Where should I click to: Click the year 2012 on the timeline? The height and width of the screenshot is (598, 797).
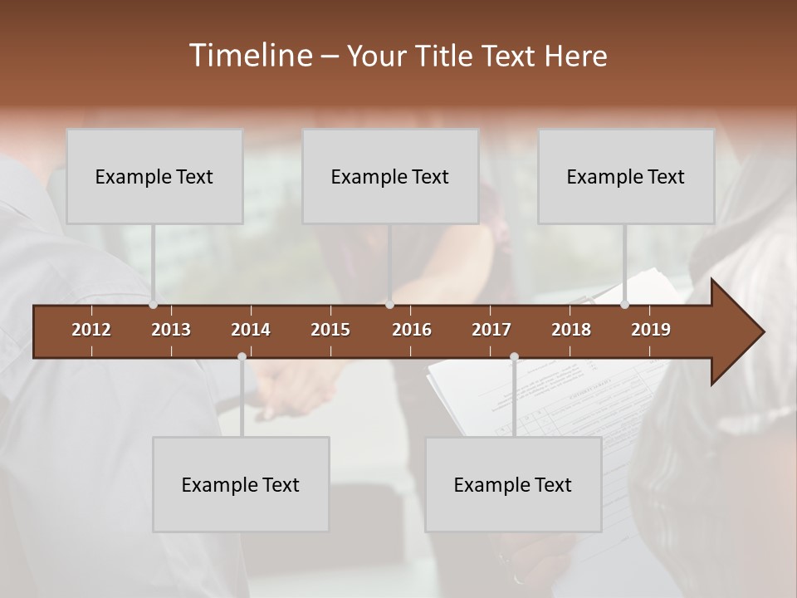pos(91,330)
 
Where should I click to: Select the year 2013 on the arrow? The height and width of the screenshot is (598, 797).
pos(171,330)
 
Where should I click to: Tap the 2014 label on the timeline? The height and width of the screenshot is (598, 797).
pos(251,330)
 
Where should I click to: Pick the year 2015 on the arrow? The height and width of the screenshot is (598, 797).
pos(330,330)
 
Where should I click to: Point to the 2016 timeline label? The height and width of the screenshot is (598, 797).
pos(412,330)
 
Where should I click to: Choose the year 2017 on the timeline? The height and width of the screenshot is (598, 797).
pos(491,330)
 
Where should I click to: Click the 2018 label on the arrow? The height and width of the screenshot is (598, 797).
pos(571,330)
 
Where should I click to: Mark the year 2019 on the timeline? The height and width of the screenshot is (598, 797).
pos(651,330)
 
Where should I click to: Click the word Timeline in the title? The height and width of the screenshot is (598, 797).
pos(249,56)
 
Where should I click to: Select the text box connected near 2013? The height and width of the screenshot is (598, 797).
pos(154,176)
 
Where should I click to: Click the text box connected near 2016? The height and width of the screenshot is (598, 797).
pos(390,176)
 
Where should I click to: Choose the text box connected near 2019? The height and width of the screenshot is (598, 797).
pos(626,176)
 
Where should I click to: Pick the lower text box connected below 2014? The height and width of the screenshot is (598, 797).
pos(241,484)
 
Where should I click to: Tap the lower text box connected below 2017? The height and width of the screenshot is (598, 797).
pos(513,484)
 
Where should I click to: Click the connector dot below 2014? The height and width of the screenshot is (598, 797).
pos(242,357)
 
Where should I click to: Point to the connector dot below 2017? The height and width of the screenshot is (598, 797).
pos(514,357)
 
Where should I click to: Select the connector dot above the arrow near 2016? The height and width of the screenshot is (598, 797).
pos(389,305)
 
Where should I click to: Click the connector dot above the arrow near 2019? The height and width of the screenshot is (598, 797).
pos(624,305)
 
